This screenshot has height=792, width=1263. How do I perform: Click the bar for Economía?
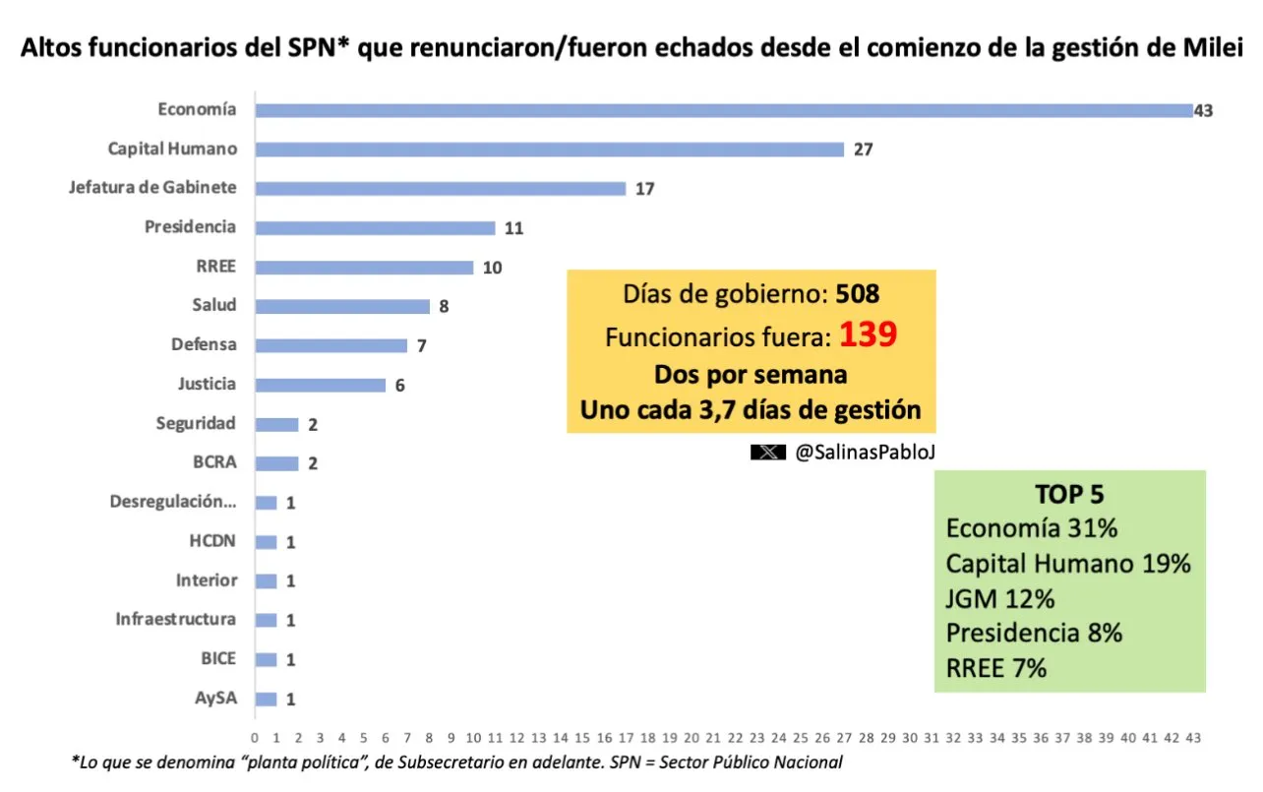(723, 110)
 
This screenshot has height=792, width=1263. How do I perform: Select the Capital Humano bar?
(549, 150)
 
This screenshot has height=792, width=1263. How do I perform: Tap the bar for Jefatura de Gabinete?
(440, 189)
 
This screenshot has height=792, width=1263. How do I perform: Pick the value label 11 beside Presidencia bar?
(512, 228)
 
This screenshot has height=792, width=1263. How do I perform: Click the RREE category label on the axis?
(216, 267)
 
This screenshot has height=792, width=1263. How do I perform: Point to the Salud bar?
(341, 306)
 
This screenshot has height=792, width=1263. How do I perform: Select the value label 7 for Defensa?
(422, 346)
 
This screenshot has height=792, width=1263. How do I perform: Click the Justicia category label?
(207, 384)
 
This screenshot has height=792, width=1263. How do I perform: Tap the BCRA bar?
(276, 463)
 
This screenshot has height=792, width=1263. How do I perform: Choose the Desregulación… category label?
(173, 502)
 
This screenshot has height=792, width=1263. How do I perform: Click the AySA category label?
(215, 699)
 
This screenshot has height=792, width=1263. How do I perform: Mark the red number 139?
(868, 336)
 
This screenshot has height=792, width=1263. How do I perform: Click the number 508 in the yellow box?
(857, 293)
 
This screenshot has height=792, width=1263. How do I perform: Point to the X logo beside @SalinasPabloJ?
(767, 453)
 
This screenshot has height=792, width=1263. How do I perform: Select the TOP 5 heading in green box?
(1070, 495)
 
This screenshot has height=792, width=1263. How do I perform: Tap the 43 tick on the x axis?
(1193, 738)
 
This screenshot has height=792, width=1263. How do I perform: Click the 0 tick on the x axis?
(255, 738)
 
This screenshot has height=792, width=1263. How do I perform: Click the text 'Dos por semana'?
(751, 375)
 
